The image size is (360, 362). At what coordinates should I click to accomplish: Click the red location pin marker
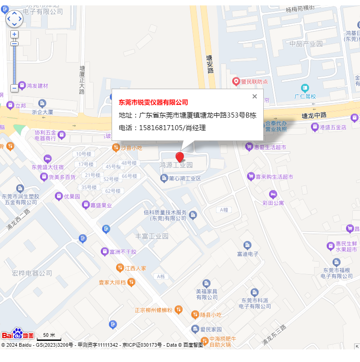[180, 157]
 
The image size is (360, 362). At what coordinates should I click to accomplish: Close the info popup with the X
[255, 96]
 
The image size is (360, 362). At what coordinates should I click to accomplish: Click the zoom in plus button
[14, 34]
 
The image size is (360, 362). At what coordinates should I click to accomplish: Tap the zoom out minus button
[14, 88]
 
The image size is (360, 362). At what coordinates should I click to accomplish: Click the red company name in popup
[153, 103]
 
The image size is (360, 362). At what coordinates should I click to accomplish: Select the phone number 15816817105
[161, 128]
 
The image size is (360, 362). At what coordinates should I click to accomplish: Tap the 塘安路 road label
[210, 64]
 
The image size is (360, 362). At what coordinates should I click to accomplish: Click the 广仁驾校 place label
[306, 96]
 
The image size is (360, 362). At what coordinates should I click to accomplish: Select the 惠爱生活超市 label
[270, 146]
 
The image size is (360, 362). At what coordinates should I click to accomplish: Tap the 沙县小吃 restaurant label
[131, 148]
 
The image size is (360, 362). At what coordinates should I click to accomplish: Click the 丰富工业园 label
[152, 236]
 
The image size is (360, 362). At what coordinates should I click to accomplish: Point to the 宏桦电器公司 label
[32, 273]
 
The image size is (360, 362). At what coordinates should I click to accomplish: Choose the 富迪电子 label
[248, 254]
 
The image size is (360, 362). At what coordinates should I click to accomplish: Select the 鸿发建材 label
[37, 86]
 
